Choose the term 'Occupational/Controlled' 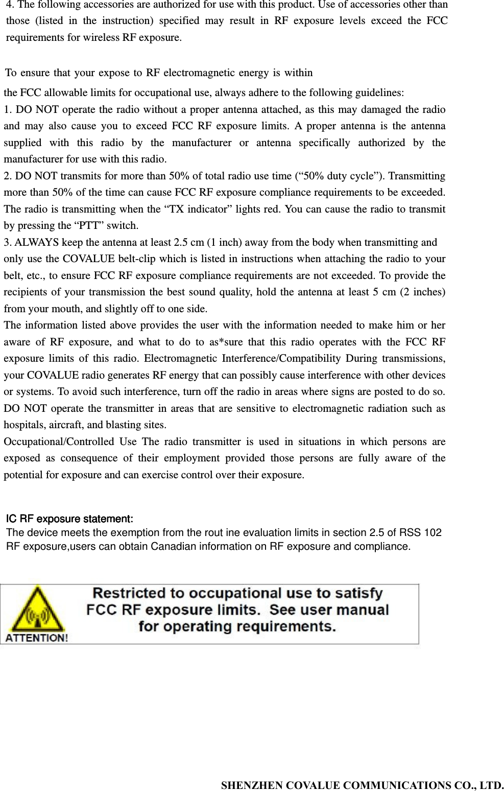[x=59, y=441]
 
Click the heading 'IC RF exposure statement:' [x=69, y=519]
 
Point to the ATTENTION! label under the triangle [x=36, y=638]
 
